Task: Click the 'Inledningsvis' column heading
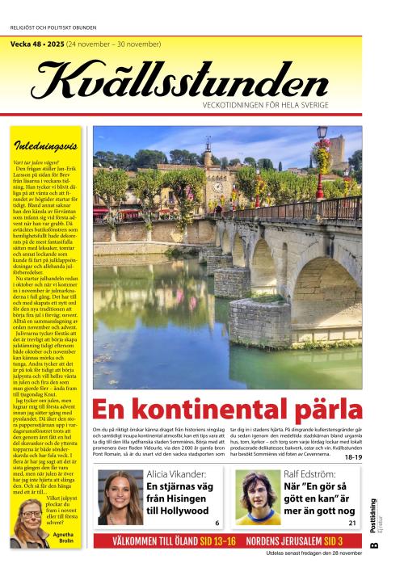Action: click(x=46, y=146)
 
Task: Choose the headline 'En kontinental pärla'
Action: click(x=227, y=409)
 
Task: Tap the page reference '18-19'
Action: click(x=353, y=457)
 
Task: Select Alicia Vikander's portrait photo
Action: click(x=119, y=497)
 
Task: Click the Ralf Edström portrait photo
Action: click(x=256, y=497)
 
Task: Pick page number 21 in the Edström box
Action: click(x=352, y=523)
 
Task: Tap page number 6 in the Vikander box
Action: click(x=217, y=523)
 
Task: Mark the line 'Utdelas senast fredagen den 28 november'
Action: click(x=314, y=553)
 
